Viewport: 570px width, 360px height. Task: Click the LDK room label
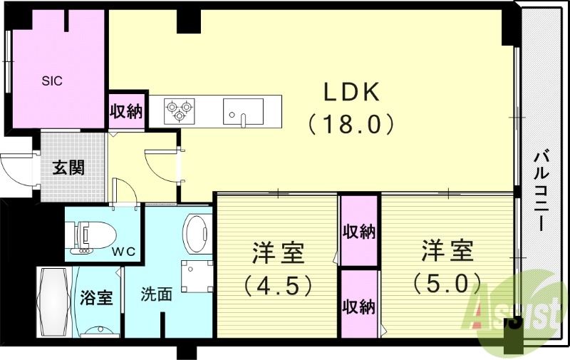tap(352, 93)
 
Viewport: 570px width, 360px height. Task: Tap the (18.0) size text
tap(352, 125)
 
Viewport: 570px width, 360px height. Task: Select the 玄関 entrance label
tap(69, 168)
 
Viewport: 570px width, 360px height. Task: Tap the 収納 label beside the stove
tap(127, 111)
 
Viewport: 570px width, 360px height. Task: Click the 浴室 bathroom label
tap(96, 297)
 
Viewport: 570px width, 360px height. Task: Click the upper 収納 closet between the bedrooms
tap(359, 232)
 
